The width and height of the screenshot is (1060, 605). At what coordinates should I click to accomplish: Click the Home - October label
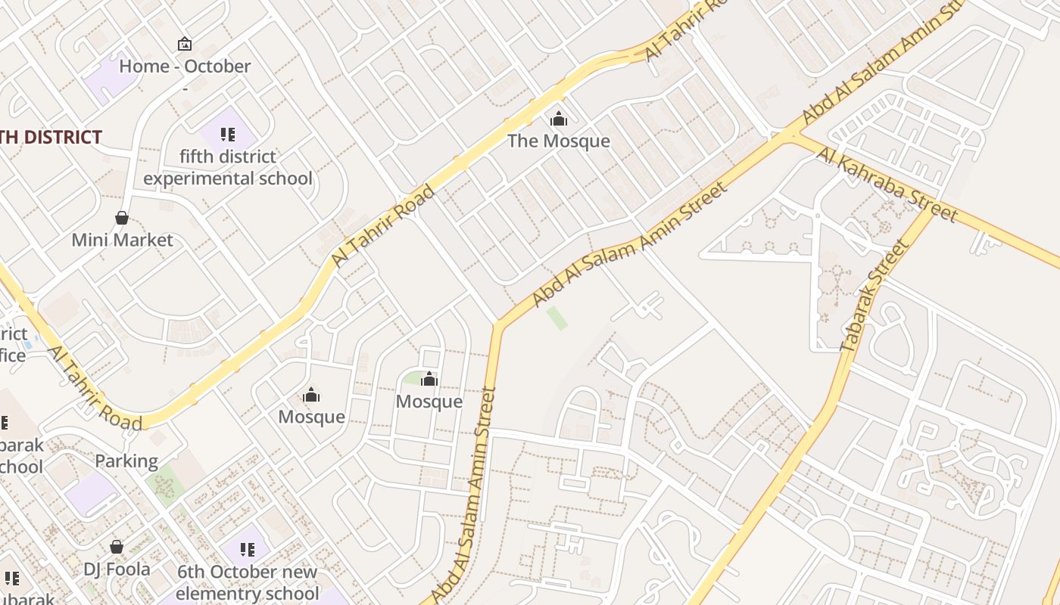[x=185, y=67]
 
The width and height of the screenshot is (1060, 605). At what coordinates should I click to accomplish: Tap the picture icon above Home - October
[x=185, y=44]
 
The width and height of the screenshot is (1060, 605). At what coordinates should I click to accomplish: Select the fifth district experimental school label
[x=227, y=167]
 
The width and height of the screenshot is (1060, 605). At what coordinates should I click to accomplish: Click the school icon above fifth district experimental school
[x=227, y=135]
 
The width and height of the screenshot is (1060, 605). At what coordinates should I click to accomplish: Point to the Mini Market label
[x=122, y=240]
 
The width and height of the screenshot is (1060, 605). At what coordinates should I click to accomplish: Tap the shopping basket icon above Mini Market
[x=121, y=218]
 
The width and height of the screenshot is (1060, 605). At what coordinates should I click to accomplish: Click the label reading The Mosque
[x=558, y=141]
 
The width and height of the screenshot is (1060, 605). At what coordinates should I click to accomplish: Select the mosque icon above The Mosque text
[x=558, y=119]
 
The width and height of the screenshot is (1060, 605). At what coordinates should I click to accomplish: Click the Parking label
[x=126, y=461]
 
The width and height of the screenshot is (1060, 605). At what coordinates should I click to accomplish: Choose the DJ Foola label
[x=117, y=569]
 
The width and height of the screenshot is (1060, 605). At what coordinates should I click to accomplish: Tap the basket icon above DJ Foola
[x=117, y=546]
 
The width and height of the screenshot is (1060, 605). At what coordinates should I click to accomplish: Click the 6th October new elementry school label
[x=247, y=582]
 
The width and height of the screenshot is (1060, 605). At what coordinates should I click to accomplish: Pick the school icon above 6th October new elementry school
[x=247, y=549]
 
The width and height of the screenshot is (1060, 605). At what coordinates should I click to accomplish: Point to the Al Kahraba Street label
[x=887, y=185]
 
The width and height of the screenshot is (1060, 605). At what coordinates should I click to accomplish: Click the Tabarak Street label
[x=874, y=296]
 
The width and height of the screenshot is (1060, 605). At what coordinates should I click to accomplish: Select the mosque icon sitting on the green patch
[x=429, y=378]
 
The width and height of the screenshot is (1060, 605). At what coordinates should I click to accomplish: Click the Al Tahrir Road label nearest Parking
[x=95, y=389]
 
